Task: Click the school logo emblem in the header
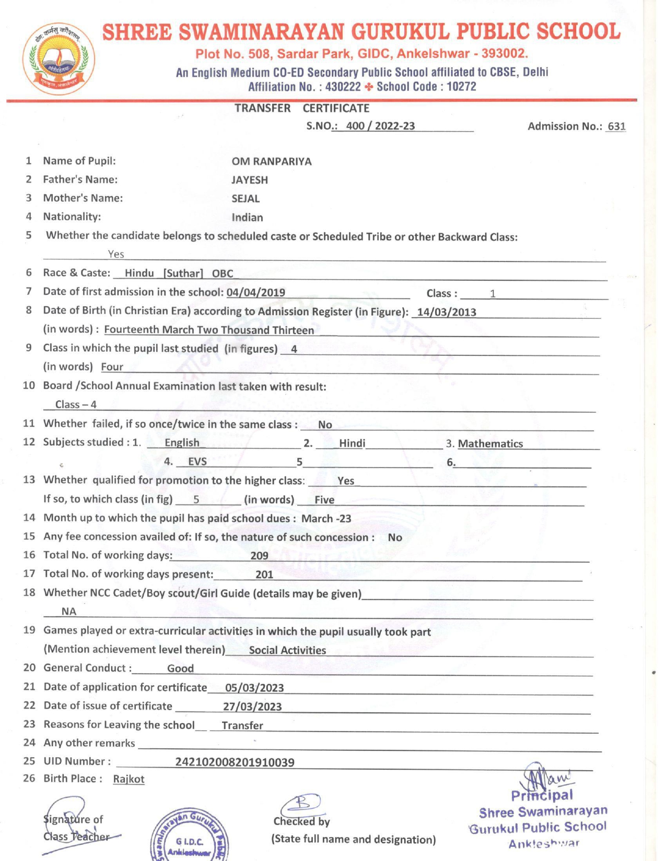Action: [59, 59]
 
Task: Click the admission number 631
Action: [616, 126]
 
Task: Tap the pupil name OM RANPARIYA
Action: [272, 162]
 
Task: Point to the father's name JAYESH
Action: [250, 180]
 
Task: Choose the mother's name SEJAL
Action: [246, 199]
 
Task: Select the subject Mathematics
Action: [490, 444]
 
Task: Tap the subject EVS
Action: [197, 462]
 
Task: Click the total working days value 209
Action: [260, 556]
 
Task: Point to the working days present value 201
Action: [264, 575]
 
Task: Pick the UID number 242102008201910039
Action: [235, 762]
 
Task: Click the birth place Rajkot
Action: [128, 779]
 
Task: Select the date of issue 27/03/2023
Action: [252, 707]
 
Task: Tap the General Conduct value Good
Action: [180, 668]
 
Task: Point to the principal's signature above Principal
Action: [543, 778]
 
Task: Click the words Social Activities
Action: [287, 650]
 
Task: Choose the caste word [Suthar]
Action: [183, 273]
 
